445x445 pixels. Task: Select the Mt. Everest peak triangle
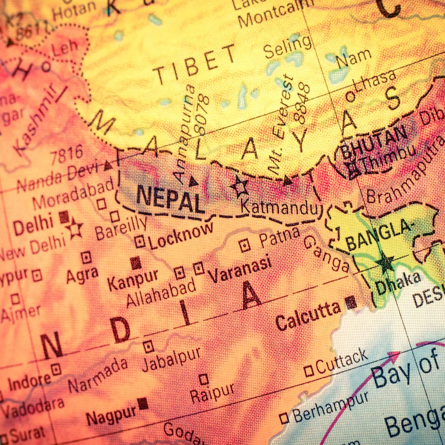[287, 181]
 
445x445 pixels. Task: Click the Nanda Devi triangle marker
[108, 166]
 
